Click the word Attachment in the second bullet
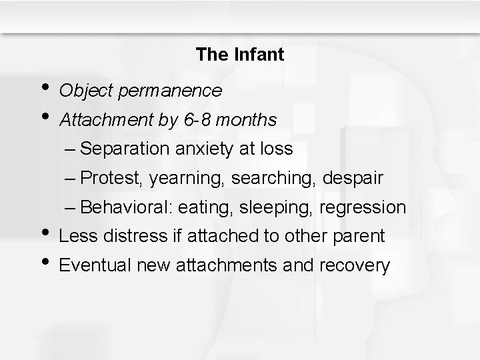coord(100,120)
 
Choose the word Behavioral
coord(129,208)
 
